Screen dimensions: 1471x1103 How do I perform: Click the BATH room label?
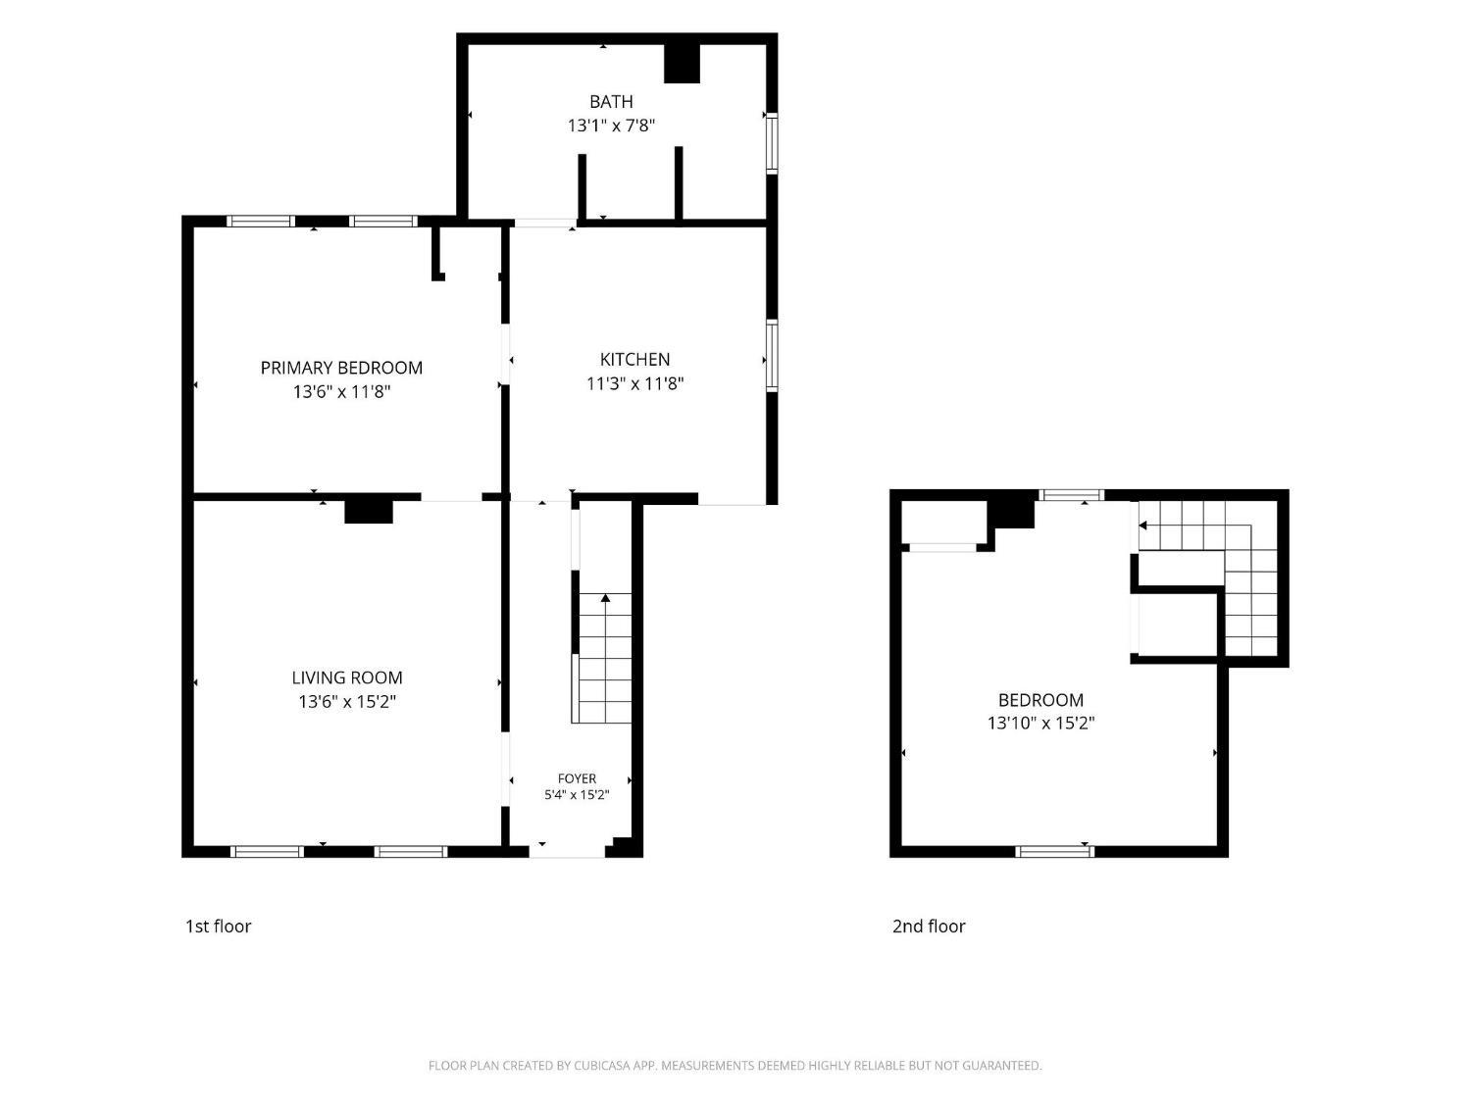tap(611, 102)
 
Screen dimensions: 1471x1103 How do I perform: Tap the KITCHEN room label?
tap(634, 360)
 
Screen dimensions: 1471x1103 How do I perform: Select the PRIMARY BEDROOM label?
tap(341, 368)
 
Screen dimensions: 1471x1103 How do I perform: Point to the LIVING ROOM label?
tap(346, 677)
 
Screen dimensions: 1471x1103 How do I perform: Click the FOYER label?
tap(577, 778)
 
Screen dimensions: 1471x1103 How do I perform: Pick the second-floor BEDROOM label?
tap(1040, 700)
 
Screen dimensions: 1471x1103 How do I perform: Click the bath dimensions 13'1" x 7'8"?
tap(611, 125)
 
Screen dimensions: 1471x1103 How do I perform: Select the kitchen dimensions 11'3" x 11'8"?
tap(634, 383)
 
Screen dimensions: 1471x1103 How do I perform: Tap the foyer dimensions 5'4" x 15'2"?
tap(577, 795)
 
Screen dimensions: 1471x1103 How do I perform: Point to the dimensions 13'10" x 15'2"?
tap(1040, 724)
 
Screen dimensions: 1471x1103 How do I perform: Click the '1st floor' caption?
tap(218, 927)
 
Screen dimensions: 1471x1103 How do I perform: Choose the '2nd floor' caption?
tap(928, 927)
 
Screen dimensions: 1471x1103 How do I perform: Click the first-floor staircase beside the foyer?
tap(602, 658)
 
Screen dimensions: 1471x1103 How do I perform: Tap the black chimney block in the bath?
tap(682, 64)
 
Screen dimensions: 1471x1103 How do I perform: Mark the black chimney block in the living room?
tap(368, 512)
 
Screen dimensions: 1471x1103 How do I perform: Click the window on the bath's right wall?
tap(772, 143)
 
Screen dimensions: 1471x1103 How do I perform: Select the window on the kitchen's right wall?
tap(772, 356)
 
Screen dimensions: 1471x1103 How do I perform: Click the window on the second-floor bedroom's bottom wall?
tap(1054, 852)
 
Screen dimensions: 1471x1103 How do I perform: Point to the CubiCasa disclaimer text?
tap(735, 1066)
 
